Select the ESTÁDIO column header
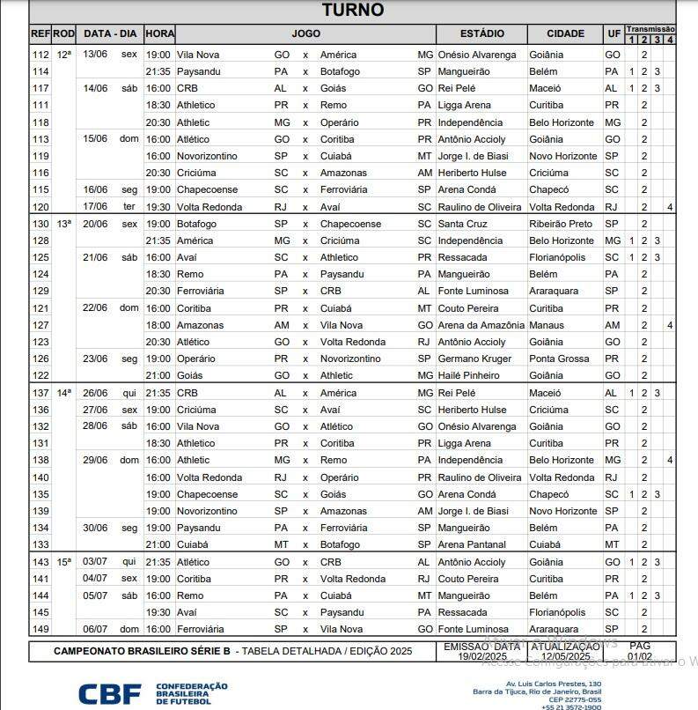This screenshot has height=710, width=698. click(481, 33)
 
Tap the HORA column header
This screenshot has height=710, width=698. click(159, 33)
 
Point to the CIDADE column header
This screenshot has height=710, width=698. click(565, 33)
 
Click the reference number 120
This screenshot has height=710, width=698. click(40, 207)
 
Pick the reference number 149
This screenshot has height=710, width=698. click(40, 629)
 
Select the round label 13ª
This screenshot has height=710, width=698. click(63, 224)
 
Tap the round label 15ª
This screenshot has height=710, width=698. click(63, 562)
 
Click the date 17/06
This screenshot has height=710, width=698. click(94, 207)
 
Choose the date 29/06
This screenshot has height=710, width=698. click(94, 460)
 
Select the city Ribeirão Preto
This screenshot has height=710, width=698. click(562, 224)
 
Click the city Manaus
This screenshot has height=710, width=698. click(547, 325)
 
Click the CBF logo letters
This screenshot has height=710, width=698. click(110, 693)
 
